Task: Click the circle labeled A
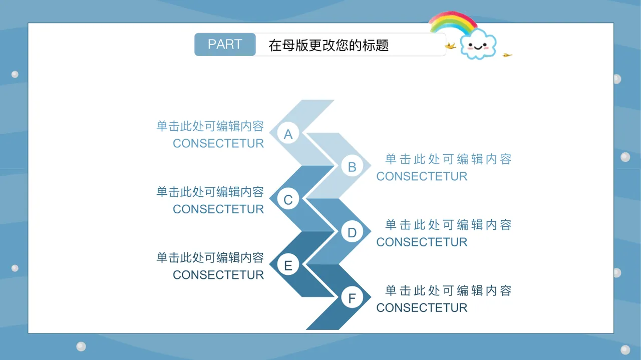pyautogui.click(x=288, y=134)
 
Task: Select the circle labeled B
pyautogui.click(x=352, y=167)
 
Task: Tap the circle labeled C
pyautogui.click(x=288, y=200)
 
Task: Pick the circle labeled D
pyautogui.click(x=352, y=232)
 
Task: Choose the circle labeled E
pyautogui.click(x=288, y=265)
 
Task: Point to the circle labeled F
pyautogui.click(x=352, y=298)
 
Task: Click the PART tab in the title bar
pyautogui.click(x=225, y=45)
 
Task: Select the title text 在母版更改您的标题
pyautogui.click(x=329, y=46)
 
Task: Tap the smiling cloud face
pyautogui.click(x=478, y=46)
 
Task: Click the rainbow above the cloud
pyautogui.click(x=452, y=22)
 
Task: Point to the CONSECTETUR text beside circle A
pyautogui.click(x=218, y=144)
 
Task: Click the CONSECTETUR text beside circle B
pyautogui.click(x=422, y=176)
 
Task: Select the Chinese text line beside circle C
pyautogui.click(x=210, y=192)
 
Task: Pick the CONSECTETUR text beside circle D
pyautogui.click(x=422, y=242)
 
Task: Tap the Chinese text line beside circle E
pyautogui.click(x=210, y=258)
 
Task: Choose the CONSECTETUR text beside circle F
pyautogui.click(x=422, y=308)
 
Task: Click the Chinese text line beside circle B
pyautogui.click(x=448, y=159)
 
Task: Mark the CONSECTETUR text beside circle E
pyautogui.click(x=218, y=275)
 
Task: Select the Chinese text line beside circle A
pyautogui.click(x=210, y=126)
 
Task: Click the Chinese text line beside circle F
pyautogui.click(x=448, y=290)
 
